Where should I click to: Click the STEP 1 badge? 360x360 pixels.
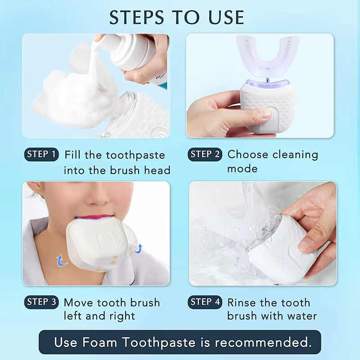(41, 155)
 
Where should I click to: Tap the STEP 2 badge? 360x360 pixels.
(205, 155)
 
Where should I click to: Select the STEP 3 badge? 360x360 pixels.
(41, 302)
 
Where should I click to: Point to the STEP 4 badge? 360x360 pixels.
(205, 302)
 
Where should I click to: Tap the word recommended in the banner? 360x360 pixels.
(263, 342)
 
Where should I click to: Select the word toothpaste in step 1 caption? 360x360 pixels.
(135, 155)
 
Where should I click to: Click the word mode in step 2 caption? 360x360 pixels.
(242, 169)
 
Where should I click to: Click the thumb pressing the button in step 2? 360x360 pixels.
(256, 116)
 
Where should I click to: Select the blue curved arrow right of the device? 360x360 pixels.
(139, 248)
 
